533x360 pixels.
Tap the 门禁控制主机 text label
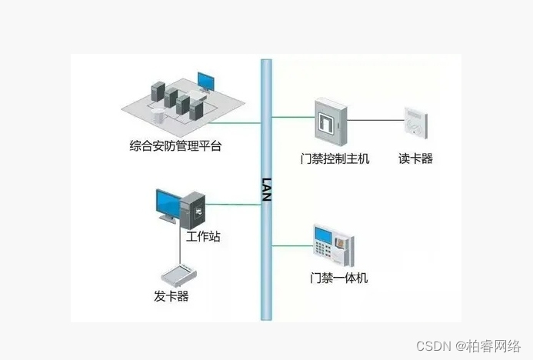pyautogui.click(x=335, y=159)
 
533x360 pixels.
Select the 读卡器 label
pyautogui.click(x=415, y=159)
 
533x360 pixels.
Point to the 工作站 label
pyautogui.click(x=203, y=236)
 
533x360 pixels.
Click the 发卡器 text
pyautogui.click(x=171, y=296)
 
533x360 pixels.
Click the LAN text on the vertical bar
pyautogui.click(x=267, y=188)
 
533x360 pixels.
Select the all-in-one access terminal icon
pyautogui.click(x=334, y=245)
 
